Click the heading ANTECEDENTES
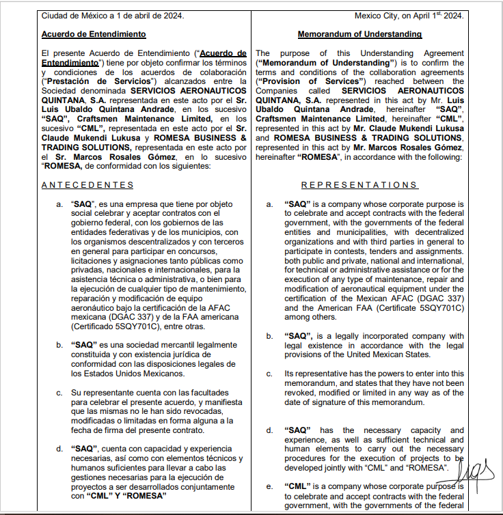tap(87, 185)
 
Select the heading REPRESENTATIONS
tap(359, 185)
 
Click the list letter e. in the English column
tap(269, 486)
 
